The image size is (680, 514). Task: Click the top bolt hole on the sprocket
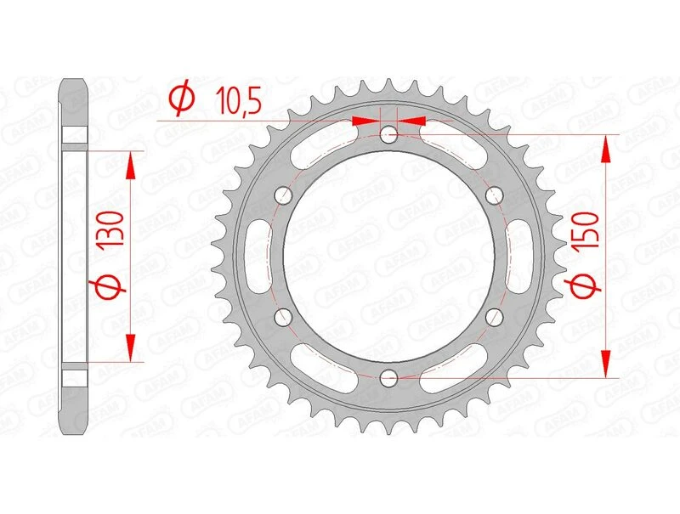pyautogui.click(x=388, y=134)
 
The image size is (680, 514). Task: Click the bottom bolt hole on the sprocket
pyautogui.click(x=388, y=376)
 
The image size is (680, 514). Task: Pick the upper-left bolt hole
pyautogui.click(x=283, y=195)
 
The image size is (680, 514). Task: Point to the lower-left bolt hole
pyautogui.click(x=283, y=316)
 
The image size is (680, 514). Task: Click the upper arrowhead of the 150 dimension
pyautogui.click(x=606, y=149)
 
